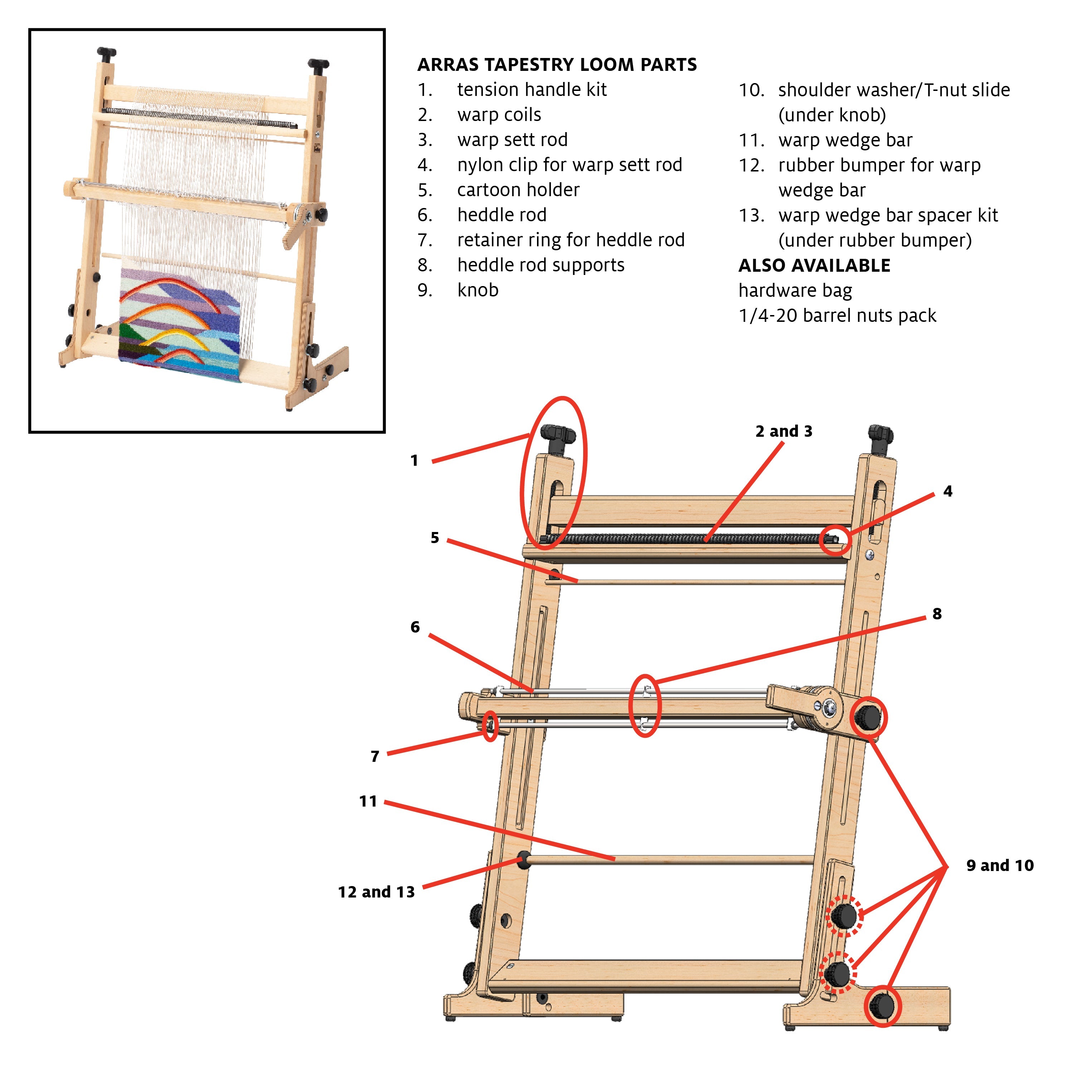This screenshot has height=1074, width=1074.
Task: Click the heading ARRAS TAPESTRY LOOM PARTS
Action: click(556, 64)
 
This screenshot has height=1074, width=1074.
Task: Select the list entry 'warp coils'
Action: click(499, 115)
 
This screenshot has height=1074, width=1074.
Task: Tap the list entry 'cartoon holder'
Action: click(518, 190)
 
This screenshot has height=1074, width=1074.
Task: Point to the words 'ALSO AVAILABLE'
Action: click(814, 265)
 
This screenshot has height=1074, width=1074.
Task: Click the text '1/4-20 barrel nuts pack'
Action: click(837, 315)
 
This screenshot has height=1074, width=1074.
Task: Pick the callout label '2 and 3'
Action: click(783, 431)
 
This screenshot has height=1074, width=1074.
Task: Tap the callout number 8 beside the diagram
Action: click(937, 614)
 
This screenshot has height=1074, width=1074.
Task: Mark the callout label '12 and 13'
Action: click(376, 892)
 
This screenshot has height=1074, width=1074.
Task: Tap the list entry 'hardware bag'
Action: click(795, 290)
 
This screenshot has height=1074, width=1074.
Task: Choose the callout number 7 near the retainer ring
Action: click(375, 756)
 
